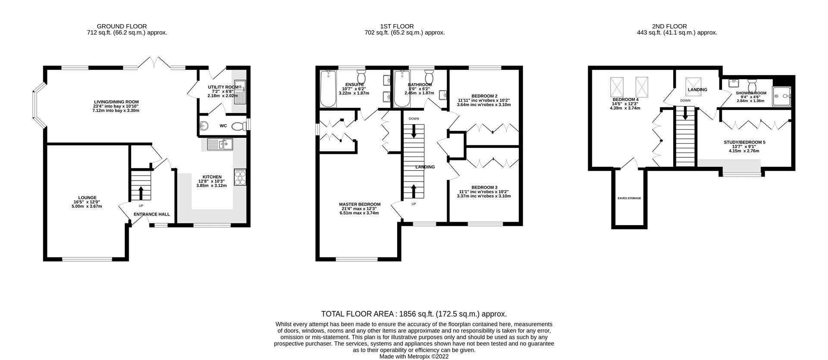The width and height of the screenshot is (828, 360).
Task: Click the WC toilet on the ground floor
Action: click(238, 126)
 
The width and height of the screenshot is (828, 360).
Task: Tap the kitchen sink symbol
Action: click(220, 144)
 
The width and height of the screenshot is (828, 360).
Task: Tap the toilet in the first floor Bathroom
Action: click(429, 75)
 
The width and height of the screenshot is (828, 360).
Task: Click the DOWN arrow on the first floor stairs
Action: click(414, 131)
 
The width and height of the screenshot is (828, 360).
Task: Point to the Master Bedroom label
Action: click(359, 204)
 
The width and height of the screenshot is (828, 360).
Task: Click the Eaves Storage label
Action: click(629, 198)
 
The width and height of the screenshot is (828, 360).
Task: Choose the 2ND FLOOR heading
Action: click(676, 26)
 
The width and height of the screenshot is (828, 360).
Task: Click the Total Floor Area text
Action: click(414, 314)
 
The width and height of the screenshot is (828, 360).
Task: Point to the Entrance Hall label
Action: click(151, 214)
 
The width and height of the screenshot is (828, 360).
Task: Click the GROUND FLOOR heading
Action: click(122, 26)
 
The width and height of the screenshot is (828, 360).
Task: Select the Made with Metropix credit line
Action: click(414, 357)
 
